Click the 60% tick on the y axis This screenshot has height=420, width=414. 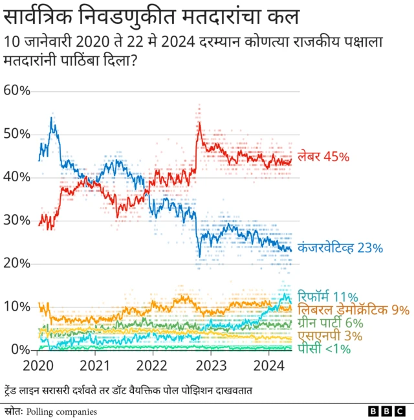click(x=17, y=90)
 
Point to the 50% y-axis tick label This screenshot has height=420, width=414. click(x=17, y=134)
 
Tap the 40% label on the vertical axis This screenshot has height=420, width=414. click(x=17, y=177)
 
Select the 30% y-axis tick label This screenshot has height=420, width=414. click(x=17, y=220)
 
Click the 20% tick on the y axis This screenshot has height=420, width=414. click(x=17, y=263)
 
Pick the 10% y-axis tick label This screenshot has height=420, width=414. click(x=17, y=306)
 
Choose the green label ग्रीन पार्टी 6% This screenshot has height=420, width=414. click(x=330, y=323)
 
